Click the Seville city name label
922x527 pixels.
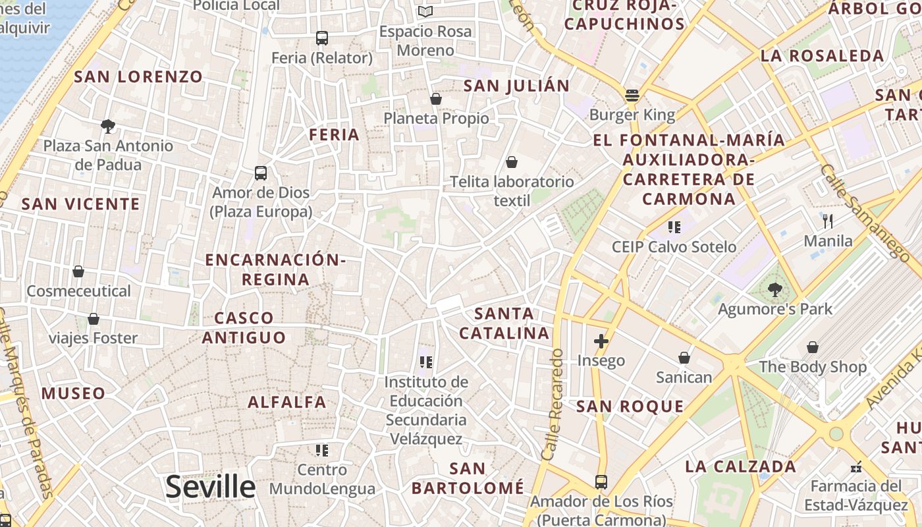tap(210, 487)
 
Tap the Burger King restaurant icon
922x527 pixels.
tap(632, 96)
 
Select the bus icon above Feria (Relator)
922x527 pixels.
tap(322, 38)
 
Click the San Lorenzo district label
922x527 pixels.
tap(138, 76)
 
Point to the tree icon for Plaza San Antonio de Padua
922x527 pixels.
tap(108, 126)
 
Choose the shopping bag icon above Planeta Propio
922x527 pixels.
tap(435, 99)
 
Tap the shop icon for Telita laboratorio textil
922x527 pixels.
tap(512, 162)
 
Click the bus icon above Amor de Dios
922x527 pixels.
tap(261, 173)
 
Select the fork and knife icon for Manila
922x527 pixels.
tap(828, 221)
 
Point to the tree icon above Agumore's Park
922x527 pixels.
tap(774, 289)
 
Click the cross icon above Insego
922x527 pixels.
tap(601, 341)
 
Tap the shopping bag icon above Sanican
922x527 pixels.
tap(684, 358)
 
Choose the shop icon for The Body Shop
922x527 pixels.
tap(813, 347)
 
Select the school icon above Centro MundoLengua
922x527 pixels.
tap(322, 451)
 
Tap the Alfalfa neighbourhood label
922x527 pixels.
tap(287, 402)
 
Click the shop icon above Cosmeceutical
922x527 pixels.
tap(78, 271)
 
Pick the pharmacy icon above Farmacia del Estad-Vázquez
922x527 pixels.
tap(856, 467)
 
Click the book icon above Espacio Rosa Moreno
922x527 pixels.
tap(426, 12)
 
